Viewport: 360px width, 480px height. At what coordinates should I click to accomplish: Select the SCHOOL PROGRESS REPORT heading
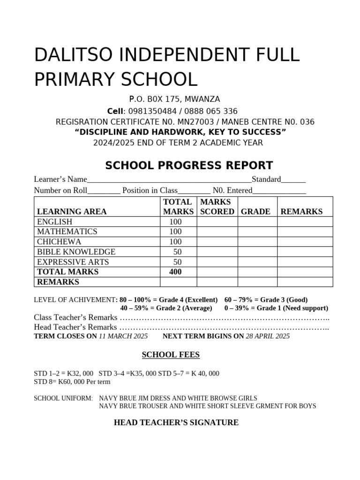(x=189, y=165)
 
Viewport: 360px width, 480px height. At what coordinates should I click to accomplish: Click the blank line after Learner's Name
(x=169, y=180)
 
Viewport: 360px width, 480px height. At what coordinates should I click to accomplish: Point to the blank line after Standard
(x=293, y=180)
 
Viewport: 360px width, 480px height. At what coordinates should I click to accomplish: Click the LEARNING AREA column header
(x=72, y=211)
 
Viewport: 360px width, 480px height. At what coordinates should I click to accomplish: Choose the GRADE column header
(x=255, y=211)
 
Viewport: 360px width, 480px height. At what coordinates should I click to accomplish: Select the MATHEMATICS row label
(x=67, y=232)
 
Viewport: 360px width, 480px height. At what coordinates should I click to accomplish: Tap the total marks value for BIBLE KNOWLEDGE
(x=177, y=252)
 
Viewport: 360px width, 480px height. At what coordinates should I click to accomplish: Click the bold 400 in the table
(x=175, y=272)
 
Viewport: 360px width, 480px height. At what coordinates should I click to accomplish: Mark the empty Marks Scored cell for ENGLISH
(x=217, y=222)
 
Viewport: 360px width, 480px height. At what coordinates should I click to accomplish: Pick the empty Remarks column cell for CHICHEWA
(x=305, y=242)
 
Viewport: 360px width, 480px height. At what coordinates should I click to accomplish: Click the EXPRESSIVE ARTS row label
(x=73, y=262)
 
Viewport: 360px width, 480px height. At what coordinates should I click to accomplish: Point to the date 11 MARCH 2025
(x=123, y=336)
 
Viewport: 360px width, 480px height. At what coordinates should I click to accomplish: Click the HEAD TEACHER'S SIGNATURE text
(x=176, y=422)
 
